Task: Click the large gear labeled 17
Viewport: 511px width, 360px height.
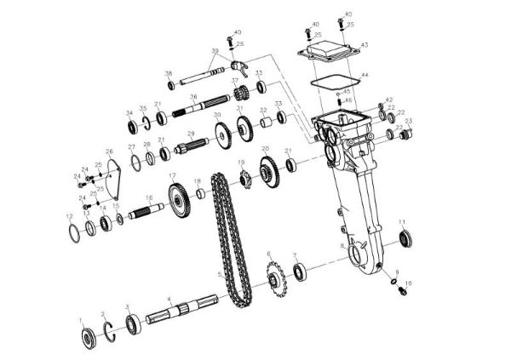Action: click(x=177, y=205)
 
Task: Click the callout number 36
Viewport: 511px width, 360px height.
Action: click(x=193, y=97)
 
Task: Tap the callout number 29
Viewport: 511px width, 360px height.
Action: click(x=192, y=134)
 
